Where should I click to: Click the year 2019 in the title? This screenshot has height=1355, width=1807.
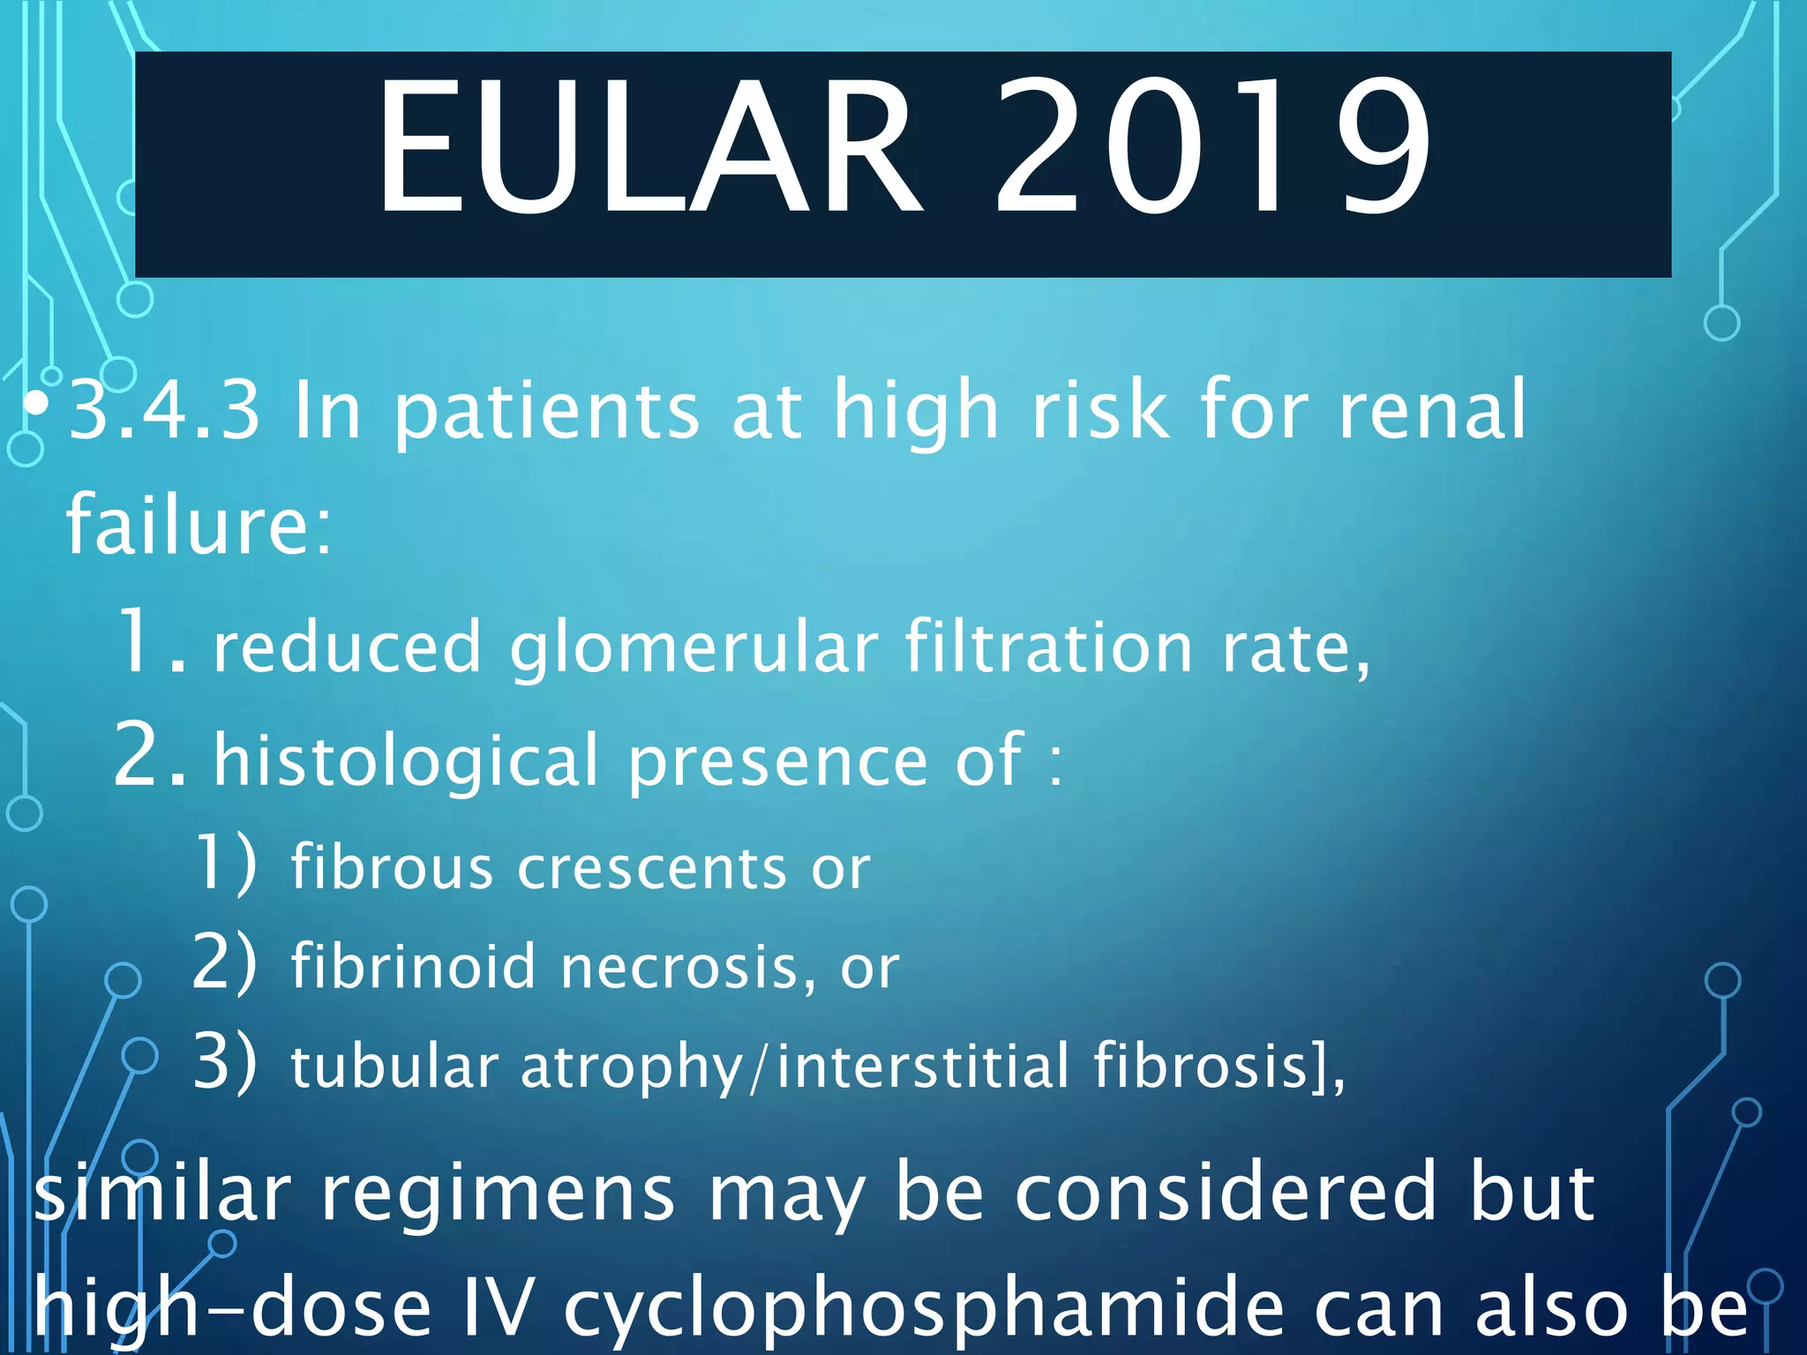click(x=1213, y=146)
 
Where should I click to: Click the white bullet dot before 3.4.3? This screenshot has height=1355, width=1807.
click(x=36, y=404)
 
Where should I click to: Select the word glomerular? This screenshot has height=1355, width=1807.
click(x=694, y=648)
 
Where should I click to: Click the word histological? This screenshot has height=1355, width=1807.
click(x=407, y=760)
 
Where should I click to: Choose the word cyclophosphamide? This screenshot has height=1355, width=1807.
click(x=923, y=1309)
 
